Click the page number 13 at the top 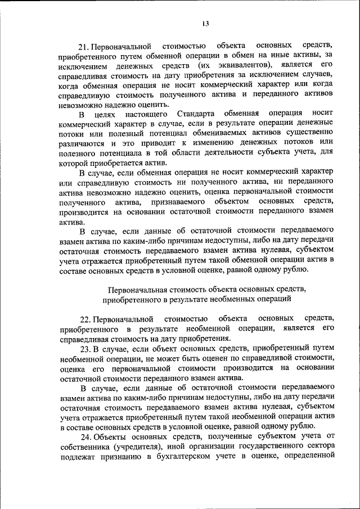click(x=206, y=23)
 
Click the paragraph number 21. click(x=84, y=44)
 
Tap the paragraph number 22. click(x=85, y=319)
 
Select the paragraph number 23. click(x=85, y=349)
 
